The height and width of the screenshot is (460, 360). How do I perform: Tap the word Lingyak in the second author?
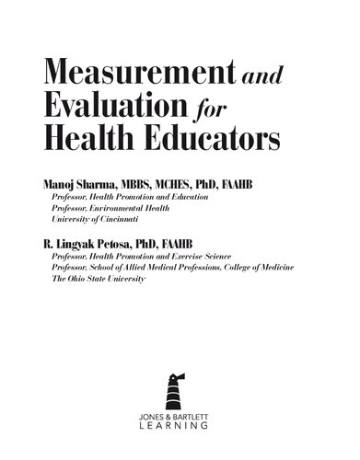pyautogui.click(x=73, y=244)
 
